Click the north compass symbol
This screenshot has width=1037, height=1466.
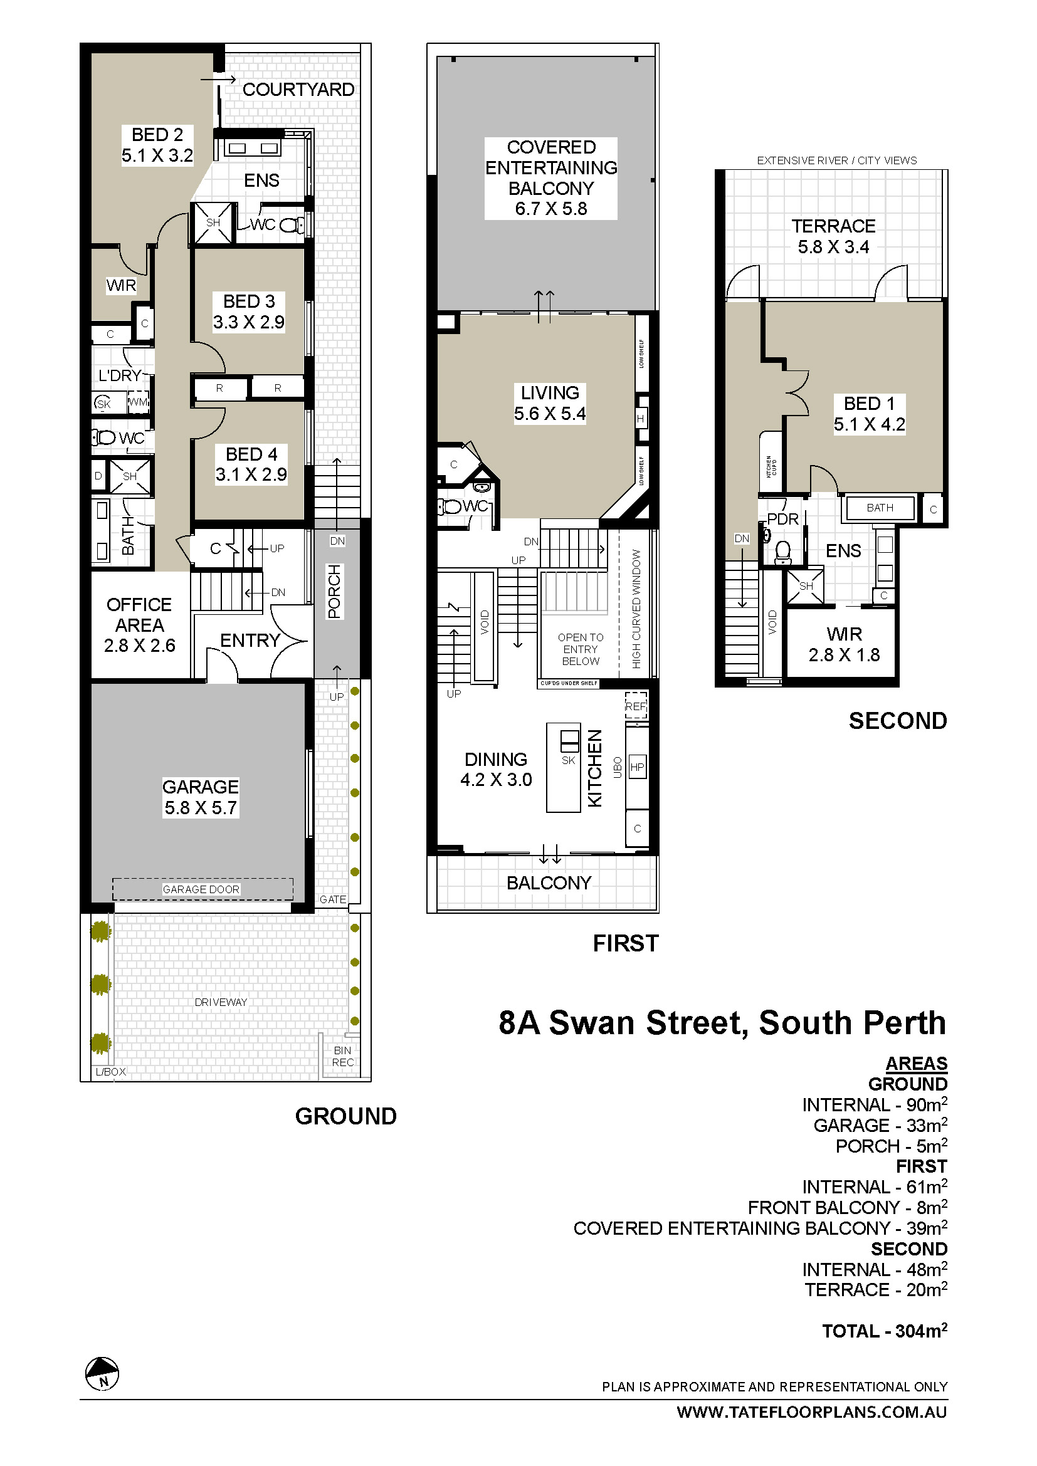(102, 1373)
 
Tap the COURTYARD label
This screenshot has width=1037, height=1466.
(298, 90)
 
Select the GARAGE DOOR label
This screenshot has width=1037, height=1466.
(201, 889)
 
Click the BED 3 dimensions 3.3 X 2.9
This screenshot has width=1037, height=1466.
(249, 322)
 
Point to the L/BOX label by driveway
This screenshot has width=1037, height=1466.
(110, 1072)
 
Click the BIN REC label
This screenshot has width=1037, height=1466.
(343, 1056)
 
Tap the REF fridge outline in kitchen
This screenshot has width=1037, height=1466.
(636, 706)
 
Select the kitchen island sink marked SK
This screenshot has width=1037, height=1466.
(569, 743)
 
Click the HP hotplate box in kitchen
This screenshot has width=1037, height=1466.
(637, 767)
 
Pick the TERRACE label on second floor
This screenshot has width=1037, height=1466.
(833, 226)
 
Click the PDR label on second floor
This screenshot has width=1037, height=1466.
(784, 519)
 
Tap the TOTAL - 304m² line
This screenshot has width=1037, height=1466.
(885, 1331)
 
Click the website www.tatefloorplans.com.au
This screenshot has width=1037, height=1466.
(811, 1411)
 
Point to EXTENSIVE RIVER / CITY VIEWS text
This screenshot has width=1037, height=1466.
(836, 160)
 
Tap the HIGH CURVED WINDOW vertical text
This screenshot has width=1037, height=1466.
(636, 609)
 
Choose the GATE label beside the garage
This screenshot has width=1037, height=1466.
(333, 899)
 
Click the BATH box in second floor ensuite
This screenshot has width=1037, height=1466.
(880, 508)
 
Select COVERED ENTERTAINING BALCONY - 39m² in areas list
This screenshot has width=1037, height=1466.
(760, 1228)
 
